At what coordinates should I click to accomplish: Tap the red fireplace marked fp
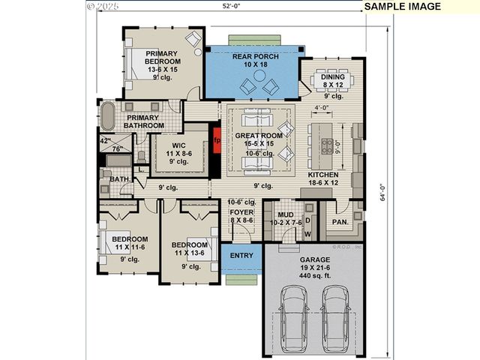click(x=217, y=140)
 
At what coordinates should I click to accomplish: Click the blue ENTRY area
click(x=241, y=256)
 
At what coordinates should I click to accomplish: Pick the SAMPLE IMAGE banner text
click(x=403, y=7)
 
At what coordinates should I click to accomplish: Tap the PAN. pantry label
click(x=340, y=222)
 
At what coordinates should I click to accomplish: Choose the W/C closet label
click(x=178, y=145)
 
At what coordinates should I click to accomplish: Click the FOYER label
click(x=241, y=213)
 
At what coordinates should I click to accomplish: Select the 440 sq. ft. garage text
click(x=315, y=275)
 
